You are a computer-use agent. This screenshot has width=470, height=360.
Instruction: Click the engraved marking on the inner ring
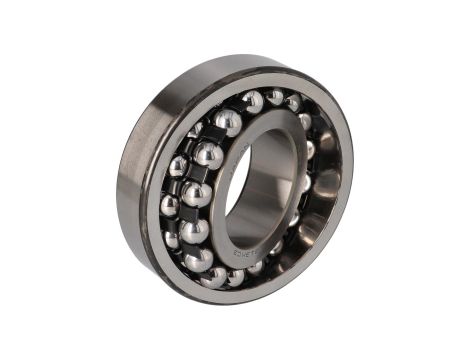[248, 252]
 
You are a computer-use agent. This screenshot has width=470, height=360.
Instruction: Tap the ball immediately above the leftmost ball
[178, 166]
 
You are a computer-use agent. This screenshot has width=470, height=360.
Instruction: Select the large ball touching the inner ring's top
[229, 122]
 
